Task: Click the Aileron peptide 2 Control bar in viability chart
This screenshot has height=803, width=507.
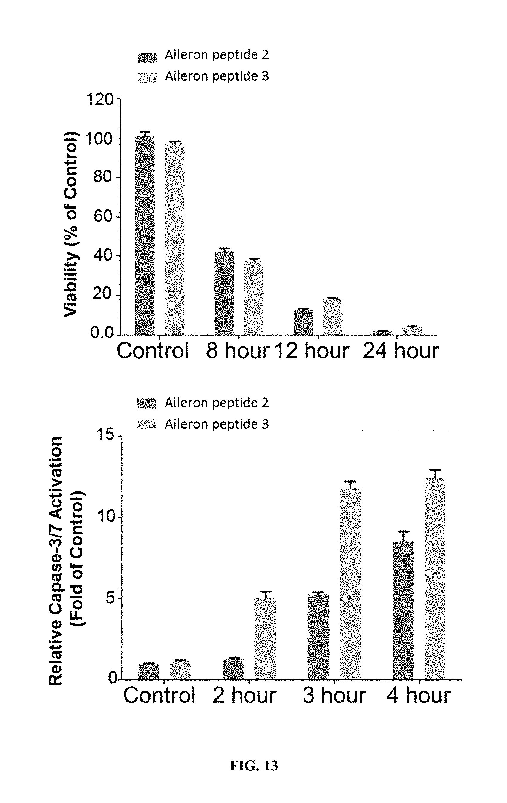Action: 145,235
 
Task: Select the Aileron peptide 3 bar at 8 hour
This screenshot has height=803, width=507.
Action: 254,297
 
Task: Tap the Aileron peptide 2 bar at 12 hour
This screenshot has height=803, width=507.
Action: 303,322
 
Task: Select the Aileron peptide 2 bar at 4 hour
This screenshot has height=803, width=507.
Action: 403,610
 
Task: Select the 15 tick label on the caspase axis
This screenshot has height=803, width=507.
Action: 106,435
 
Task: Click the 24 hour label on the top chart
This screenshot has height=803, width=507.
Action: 401,351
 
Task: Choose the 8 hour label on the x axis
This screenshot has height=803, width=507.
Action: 237,351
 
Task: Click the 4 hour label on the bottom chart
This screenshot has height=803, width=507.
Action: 419,696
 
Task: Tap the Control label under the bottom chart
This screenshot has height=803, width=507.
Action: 159,696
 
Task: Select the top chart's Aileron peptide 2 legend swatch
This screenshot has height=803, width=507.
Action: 147,57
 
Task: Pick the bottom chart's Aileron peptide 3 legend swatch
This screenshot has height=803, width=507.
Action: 146,424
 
